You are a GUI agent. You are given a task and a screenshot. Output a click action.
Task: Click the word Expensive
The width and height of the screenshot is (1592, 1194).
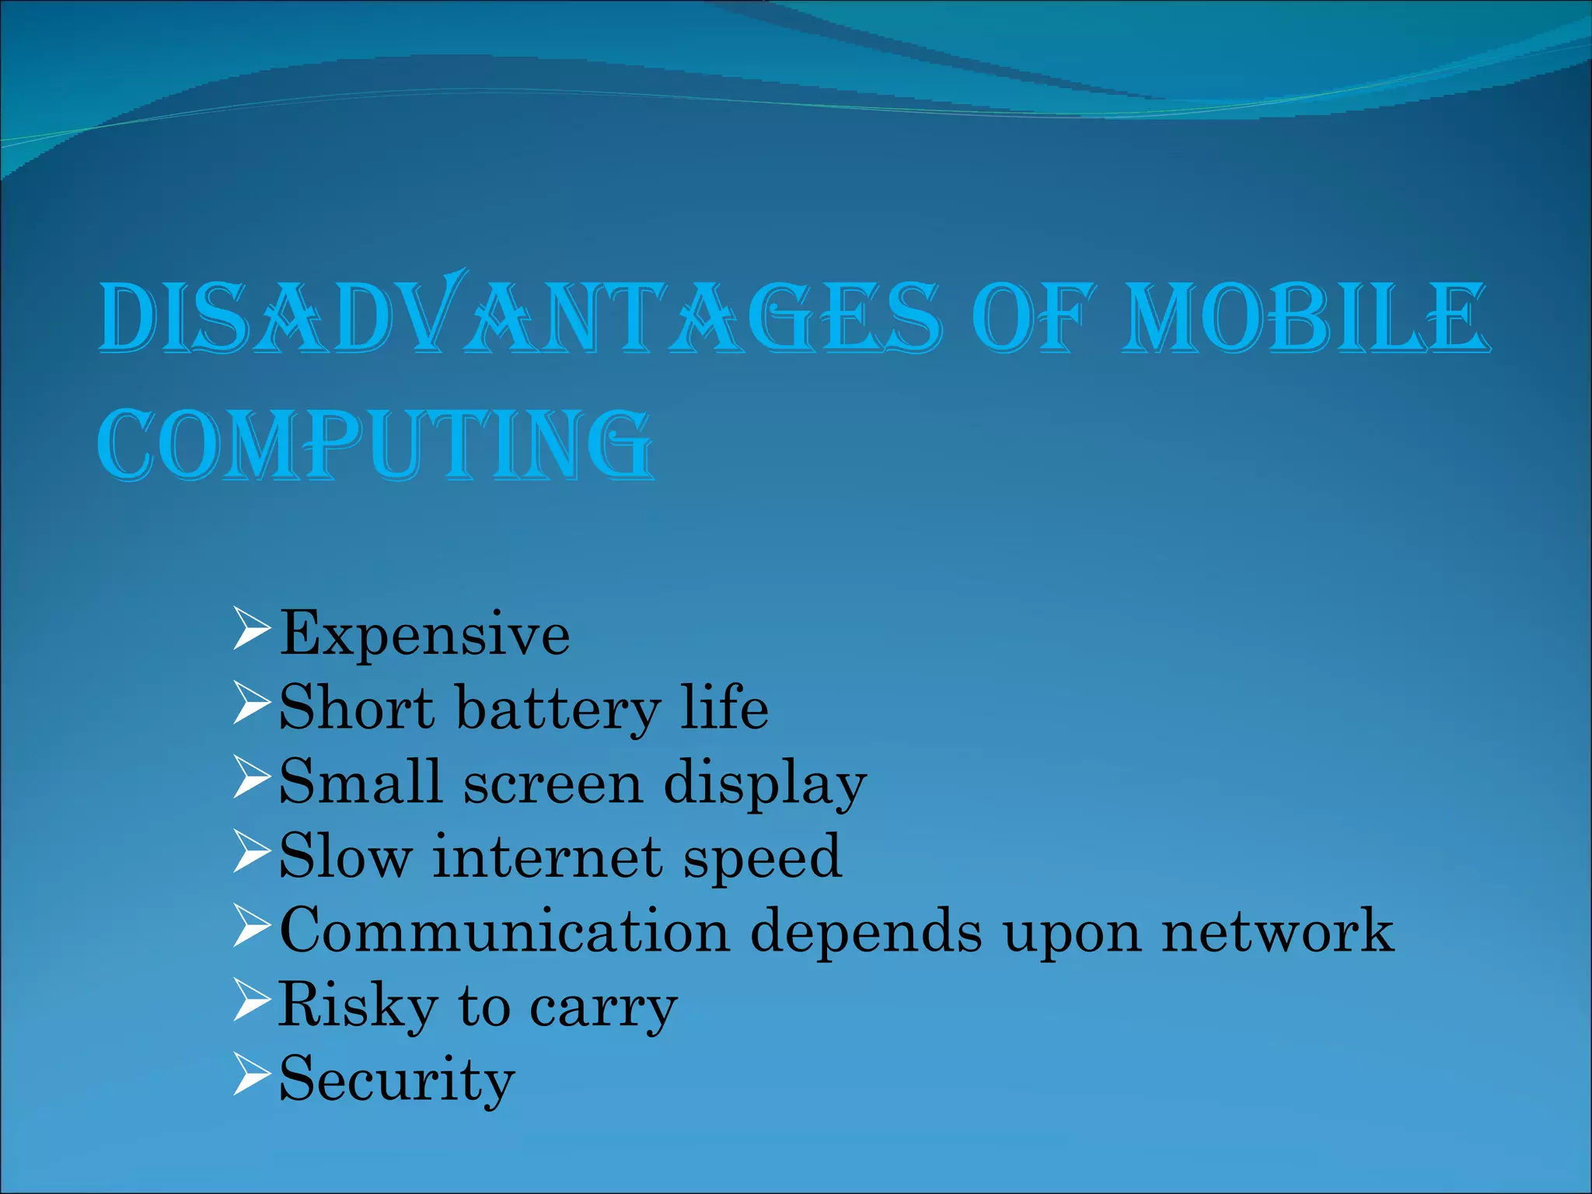(424, 634)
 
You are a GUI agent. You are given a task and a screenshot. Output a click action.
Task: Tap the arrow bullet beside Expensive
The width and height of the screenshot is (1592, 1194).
(251, 630)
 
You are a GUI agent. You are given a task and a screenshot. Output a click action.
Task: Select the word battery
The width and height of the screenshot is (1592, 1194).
(557, 709)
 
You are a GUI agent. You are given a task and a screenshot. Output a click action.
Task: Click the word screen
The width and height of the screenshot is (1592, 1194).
(553, 783)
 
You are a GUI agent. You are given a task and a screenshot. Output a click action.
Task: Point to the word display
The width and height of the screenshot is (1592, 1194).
(765, 784)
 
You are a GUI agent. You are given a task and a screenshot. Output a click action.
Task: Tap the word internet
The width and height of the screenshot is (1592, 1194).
(547, 857)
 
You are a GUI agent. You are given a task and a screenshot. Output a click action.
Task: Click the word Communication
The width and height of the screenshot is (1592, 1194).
(504, 930)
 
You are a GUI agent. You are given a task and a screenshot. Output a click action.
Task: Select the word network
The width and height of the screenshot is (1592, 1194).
(1277, 930)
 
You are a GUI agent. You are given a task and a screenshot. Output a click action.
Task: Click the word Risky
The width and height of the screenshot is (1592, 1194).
(358, 1005)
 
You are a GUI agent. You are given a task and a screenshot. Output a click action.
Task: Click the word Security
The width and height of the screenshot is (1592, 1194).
(396, 1079)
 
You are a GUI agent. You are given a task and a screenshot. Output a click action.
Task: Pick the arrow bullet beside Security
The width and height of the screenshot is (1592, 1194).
(251, 1076)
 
